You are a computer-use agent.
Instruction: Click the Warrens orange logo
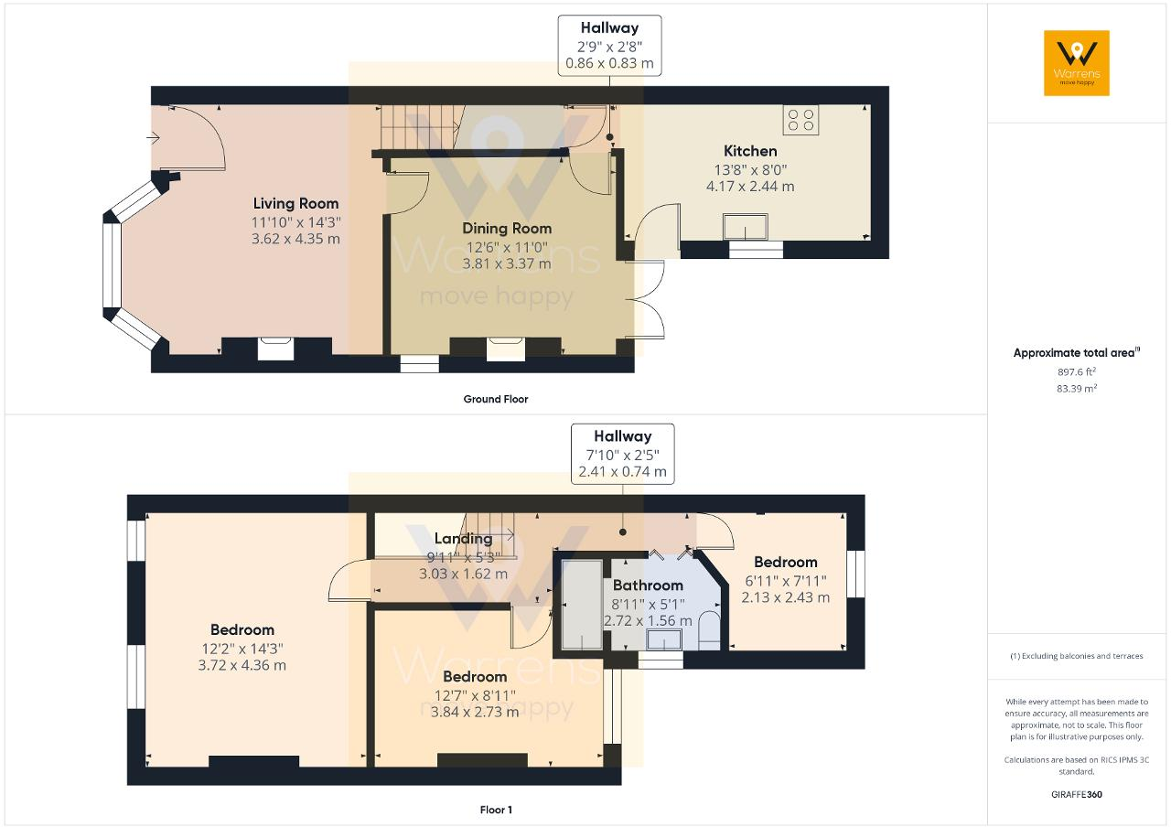click(1076, 62)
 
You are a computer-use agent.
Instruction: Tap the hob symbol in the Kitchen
click(801, 120)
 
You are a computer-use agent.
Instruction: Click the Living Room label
click(295, 203)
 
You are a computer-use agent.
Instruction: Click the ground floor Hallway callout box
click(610, 46)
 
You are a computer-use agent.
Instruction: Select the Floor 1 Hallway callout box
click(622, 454)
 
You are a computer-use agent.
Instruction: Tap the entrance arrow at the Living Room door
click(153, 138)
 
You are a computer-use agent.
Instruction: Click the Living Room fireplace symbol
click(276, 348)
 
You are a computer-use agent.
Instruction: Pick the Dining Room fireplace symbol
click(505, 348)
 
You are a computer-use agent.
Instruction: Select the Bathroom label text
click(648, 585)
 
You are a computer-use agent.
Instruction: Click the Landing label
click(463, 539)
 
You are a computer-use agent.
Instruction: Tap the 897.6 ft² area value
click(1077, 371)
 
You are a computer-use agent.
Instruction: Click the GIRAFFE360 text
click(1077, 794)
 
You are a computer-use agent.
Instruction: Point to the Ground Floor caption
click(495, 399)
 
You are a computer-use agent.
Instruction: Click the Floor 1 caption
click(496, 810)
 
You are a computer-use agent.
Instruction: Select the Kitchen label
click(750, 151)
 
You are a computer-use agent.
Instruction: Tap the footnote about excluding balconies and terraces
click(1077, 656)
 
